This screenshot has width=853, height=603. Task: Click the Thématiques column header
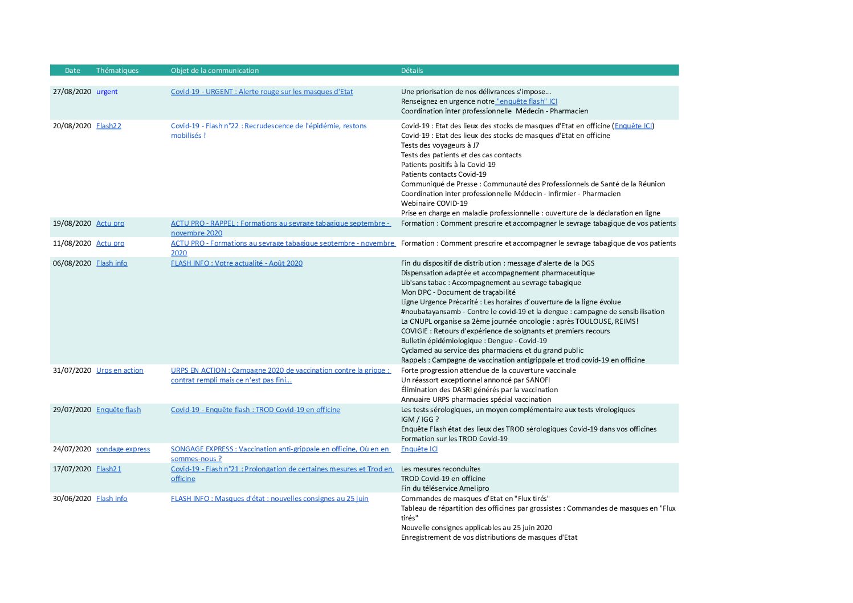point(117,71)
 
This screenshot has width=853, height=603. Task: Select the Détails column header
point(411,71)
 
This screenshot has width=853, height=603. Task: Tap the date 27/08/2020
point(72,92)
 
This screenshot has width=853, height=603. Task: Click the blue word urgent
point(107,92)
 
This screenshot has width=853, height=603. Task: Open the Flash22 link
point(108,126)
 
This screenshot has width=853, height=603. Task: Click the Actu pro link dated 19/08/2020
point(110,223)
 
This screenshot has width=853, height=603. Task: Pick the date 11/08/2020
point(72,243)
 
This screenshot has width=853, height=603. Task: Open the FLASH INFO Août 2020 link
point(236,263)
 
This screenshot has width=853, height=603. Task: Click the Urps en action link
point(120,370)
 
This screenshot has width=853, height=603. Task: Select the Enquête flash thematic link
point(118,410)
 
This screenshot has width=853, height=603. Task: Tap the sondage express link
point(123,449)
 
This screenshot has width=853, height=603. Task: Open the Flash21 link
point(108,469)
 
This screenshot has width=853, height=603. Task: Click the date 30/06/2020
point(72,499)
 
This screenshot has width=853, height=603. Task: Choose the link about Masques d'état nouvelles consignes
point(270,499)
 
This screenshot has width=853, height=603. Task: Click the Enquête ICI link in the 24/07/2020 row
point(419,449)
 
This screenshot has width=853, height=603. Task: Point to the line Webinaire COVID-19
point(434,203)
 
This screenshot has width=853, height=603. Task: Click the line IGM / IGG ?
point(420,419)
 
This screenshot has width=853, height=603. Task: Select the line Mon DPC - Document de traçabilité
point(458,292)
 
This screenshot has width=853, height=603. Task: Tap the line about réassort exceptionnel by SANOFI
point(475,380)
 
